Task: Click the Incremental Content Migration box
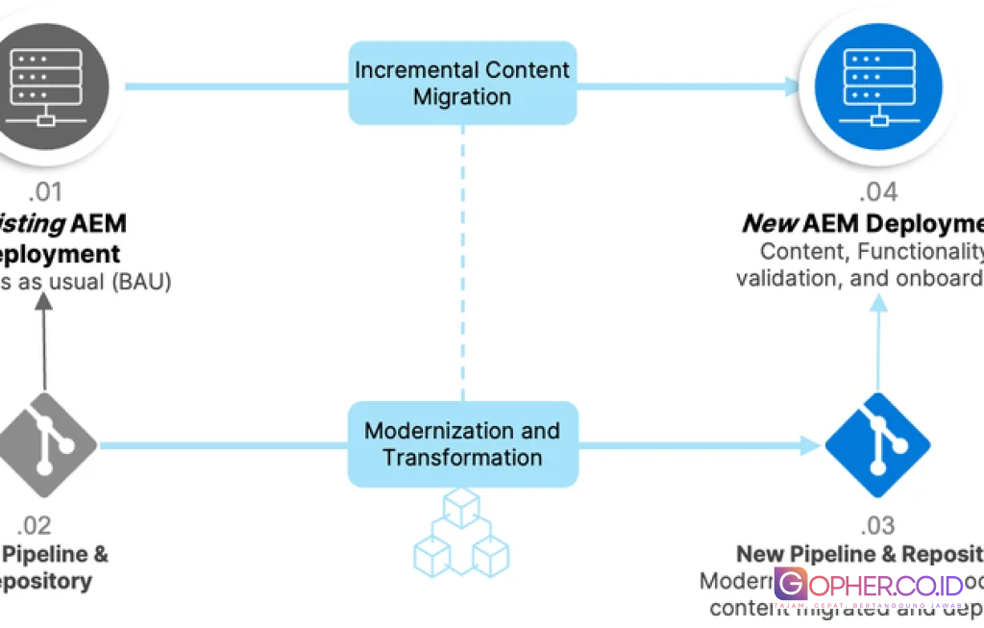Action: point(462,83)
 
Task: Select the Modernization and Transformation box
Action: point(462,443)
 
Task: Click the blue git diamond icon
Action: point(878,444)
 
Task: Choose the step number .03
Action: point(877,525)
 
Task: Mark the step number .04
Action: point(878,191)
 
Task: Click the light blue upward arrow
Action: point(878,341)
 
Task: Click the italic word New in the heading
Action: point(770,223)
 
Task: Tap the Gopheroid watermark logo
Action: point(868,585)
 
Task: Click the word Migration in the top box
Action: point(462,96)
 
